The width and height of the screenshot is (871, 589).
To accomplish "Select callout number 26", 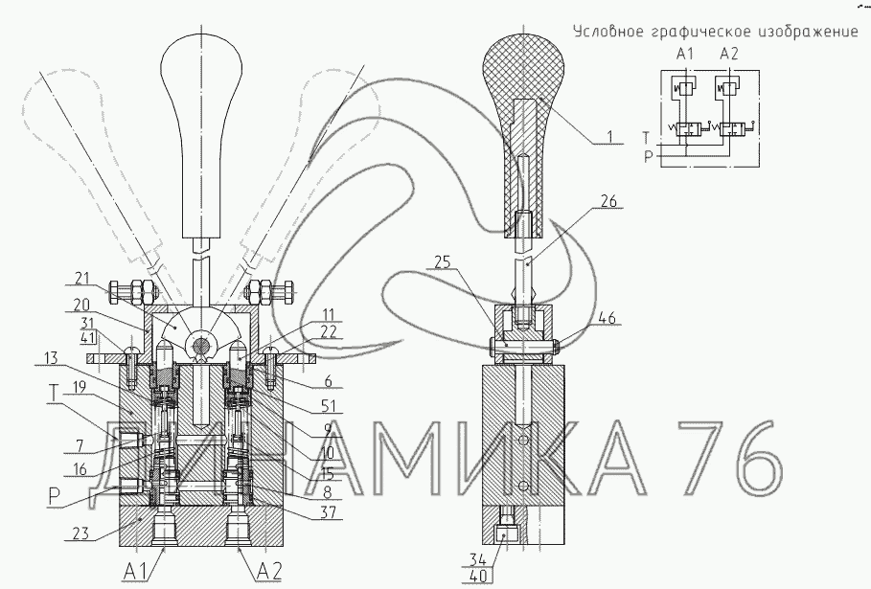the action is [609, 201].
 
